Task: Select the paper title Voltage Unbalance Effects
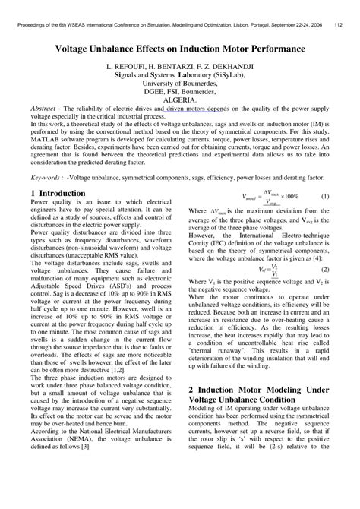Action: click(180, 48)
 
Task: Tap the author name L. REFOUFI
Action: click(134, 67)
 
